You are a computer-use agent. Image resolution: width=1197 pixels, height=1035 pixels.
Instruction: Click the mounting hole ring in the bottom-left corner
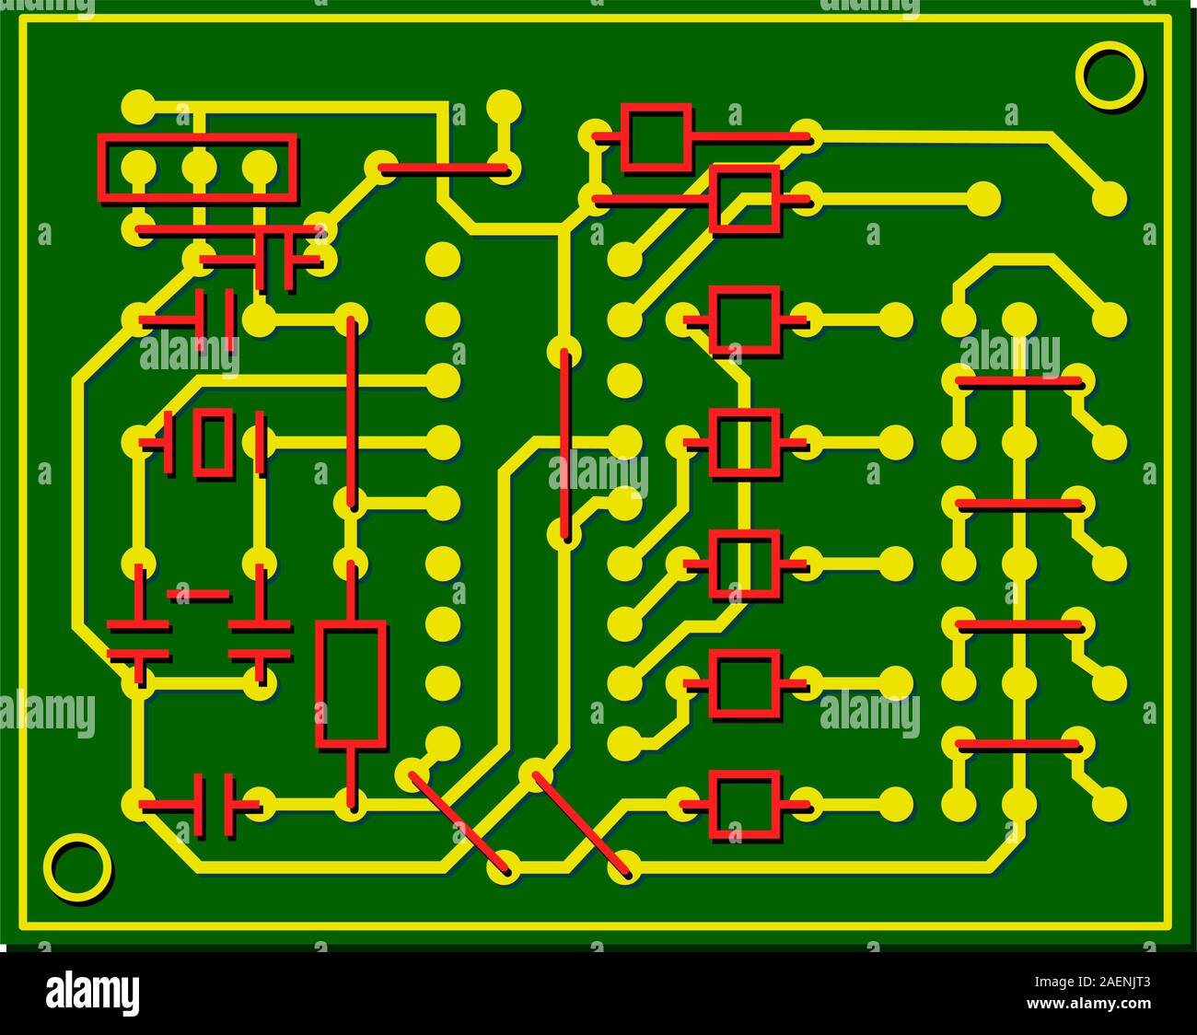76,867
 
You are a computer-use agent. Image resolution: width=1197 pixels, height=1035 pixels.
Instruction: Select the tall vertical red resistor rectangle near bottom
350,683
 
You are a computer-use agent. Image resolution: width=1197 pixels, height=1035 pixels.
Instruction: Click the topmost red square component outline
656,137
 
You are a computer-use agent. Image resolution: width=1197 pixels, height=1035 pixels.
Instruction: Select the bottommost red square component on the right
744,806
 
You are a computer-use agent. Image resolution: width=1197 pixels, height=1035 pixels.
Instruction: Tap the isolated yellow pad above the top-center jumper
503,107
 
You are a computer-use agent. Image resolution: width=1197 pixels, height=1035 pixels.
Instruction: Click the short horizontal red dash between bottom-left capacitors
199,595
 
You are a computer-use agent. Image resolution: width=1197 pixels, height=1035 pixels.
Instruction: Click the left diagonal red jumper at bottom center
458,821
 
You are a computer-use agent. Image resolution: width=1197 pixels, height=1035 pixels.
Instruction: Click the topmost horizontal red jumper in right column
1018,381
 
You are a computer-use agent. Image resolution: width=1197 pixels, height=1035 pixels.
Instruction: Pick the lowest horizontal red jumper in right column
1018,744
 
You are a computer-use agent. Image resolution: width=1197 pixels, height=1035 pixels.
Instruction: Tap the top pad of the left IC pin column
443,259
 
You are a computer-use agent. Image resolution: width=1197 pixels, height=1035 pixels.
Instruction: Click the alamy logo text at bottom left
92,994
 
